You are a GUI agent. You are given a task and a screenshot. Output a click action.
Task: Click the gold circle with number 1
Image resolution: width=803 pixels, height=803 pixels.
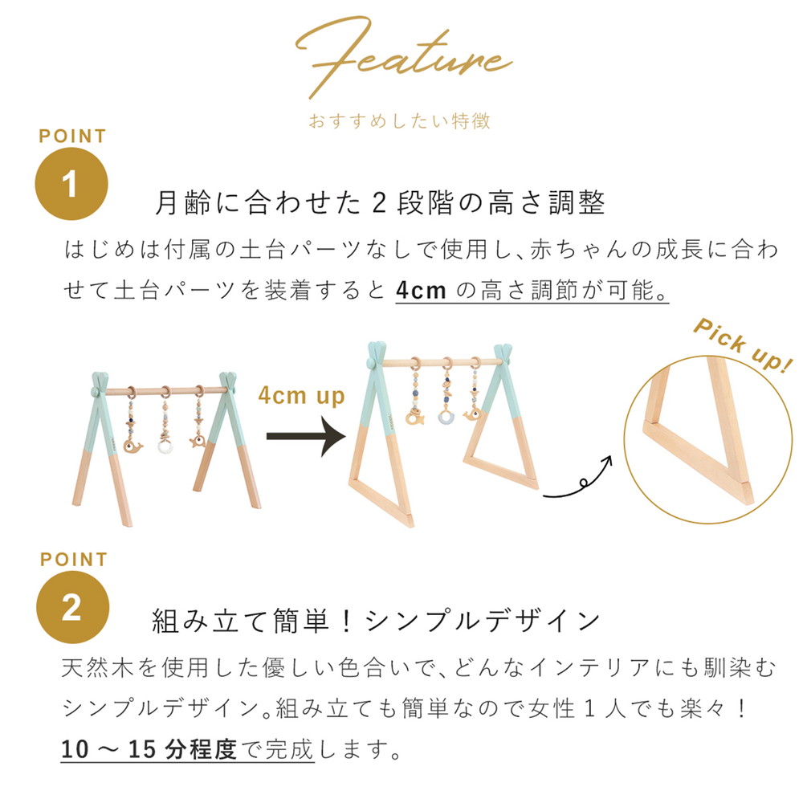click(71, 184)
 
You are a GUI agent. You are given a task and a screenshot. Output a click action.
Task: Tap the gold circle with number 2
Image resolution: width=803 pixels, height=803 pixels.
click(72, 607)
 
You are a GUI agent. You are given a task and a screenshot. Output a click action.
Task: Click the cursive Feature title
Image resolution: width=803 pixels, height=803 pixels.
click(402, 57)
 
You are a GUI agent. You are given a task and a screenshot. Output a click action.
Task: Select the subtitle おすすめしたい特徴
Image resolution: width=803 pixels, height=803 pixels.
click(399, 121)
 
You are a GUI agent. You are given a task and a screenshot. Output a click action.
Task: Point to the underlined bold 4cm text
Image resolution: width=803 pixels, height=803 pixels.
click(421, 291)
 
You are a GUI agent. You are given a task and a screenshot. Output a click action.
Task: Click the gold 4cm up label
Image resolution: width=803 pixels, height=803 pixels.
click(302, 396)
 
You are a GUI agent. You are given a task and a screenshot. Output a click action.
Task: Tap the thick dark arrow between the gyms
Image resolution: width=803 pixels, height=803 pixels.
click(306, 436)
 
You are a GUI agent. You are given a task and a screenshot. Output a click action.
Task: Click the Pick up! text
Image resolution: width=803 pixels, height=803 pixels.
click(742, 344)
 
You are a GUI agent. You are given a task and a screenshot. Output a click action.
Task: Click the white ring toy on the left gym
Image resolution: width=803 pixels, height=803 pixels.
click(165, 446)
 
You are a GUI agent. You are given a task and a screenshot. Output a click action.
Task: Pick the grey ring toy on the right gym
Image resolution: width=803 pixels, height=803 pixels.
click(447, 416)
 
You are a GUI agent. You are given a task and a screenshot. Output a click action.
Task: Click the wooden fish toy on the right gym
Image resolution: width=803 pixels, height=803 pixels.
click(415, 417)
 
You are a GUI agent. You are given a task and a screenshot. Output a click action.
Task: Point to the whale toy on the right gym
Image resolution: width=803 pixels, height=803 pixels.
click(473, 414)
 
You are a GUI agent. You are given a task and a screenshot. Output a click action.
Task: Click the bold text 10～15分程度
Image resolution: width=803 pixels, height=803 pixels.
click(149, 750)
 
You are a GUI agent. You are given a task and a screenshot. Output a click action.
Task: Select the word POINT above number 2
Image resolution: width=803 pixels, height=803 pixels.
click(74, 560)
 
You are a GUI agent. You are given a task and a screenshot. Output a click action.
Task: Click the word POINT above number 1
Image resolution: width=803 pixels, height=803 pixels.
click(72, 137)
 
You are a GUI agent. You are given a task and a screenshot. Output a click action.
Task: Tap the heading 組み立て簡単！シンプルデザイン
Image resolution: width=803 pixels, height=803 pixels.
click(376, 621)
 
